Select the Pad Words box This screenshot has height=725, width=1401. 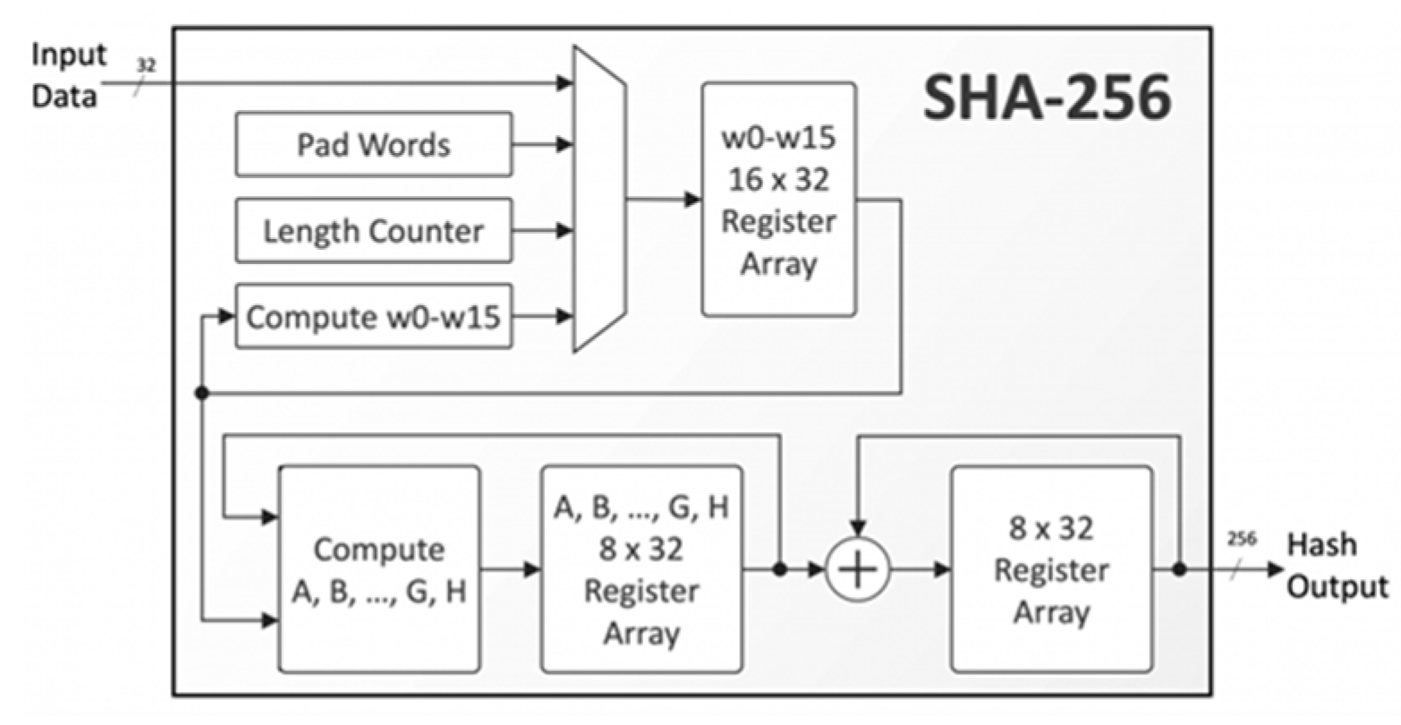coord(374,144)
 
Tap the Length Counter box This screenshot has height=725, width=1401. coord(374,231)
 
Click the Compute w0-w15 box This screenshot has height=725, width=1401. coord(374,317)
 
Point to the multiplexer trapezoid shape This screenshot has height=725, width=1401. coord(599,199)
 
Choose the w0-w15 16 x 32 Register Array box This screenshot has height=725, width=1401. coord(777,200)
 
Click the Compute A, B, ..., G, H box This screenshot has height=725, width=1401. coord(379,569)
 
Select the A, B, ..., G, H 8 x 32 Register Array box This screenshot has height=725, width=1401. coord(641,569)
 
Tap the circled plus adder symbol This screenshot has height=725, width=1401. coord(857,570)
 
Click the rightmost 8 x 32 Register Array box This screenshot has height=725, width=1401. coord(1050,569)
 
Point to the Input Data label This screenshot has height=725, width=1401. coord(68,74)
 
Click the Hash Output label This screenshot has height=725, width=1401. coord(1336,566)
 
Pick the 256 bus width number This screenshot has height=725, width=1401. coord(1242,539)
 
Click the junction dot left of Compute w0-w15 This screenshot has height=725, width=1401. coord(202,393)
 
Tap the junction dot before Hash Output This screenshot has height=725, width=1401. coord(1179,569)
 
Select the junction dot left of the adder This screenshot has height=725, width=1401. coord(780,569)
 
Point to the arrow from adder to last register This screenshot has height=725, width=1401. coord(921,569)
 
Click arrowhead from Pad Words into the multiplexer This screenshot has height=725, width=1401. coord(564,144)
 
